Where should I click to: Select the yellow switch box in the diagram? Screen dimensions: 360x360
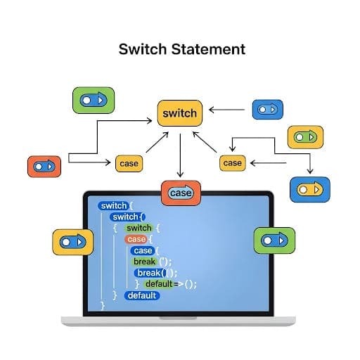point(180,113)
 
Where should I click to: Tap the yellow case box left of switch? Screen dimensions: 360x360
point(129,163)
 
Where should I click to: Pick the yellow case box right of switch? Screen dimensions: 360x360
point(232,163)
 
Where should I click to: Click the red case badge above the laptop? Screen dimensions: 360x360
point(181,193)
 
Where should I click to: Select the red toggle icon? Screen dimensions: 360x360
point(44,167)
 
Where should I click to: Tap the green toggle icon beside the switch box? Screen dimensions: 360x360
point(93,101)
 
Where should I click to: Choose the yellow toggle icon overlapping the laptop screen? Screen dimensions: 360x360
point(72,241)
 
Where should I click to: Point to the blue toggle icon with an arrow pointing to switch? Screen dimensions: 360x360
point(267,109)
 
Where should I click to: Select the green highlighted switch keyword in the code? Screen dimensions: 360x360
point(139,228)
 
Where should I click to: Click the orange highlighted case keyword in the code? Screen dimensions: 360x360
point(136,239)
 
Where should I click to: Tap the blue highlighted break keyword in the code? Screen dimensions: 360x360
point(148,273)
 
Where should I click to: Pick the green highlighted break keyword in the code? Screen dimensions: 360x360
point(144,262)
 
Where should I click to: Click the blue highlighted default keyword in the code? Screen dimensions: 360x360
point(143,295)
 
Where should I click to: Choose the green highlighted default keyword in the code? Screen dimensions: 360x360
point(159,284)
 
